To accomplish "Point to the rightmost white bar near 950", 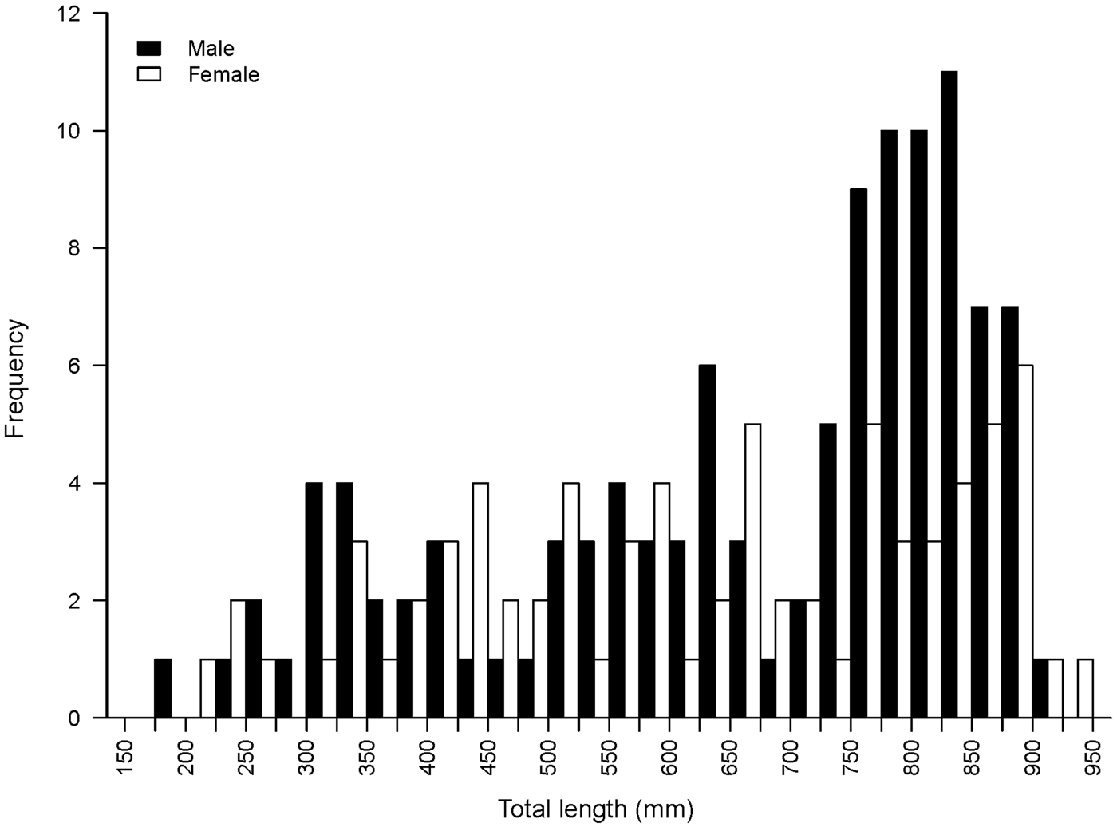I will [1085, 688].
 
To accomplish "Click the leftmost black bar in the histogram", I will [163, 688].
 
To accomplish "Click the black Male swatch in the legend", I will [149, 48].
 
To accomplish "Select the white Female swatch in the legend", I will [149, 74].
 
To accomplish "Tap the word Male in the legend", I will [211, 49].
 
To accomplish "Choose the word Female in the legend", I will [223, 75].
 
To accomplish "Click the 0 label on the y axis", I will [74, 718].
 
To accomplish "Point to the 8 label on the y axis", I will [74, 248].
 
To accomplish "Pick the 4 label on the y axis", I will [74, 483].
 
